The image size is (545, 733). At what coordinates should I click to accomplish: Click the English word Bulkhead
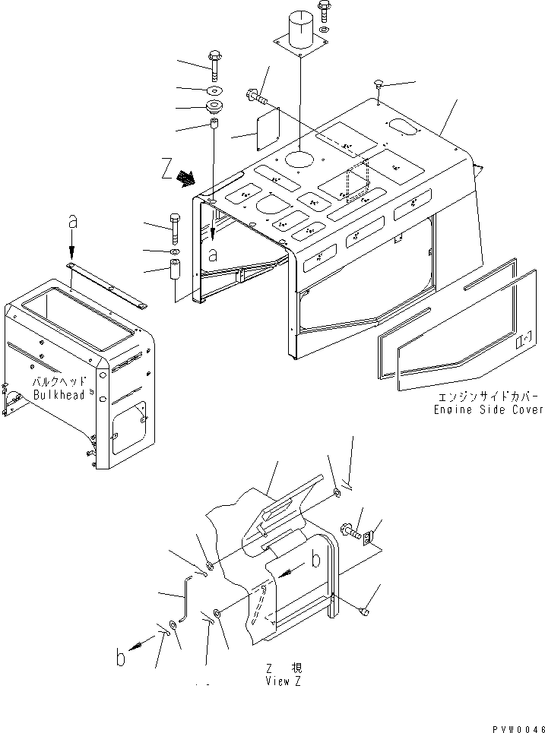click(x=60, y=395)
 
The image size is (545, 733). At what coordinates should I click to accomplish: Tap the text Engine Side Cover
click(x=488, y=409)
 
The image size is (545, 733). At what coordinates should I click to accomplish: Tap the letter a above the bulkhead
click(x=72, y=221)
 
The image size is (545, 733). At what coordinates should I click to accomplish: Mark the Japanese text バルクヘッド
click(x=59, y=382)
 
